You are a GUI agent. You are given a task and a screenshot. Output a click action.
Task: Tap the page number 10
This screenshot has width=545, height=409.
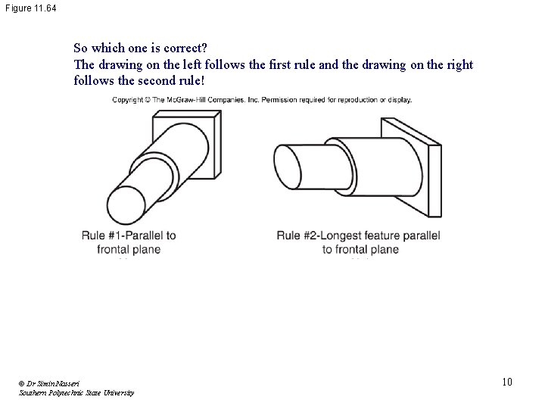(506, 382)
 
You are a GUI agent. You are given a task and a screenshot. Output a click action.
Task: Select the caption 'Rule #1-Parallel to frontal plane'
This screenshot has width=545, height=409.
(129, 242)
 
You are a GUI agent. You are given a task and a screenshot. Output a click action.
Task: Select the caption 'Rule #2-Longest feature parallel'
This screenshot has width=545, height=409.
(358, 236)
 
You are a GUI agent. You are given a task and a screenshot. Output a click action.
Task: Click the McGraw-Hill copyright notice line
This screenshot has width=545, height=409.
(262, 99)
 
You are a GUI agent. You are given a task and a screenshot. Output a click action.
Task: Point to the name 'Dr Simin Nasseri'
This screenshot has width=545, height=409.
(50, 384)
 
